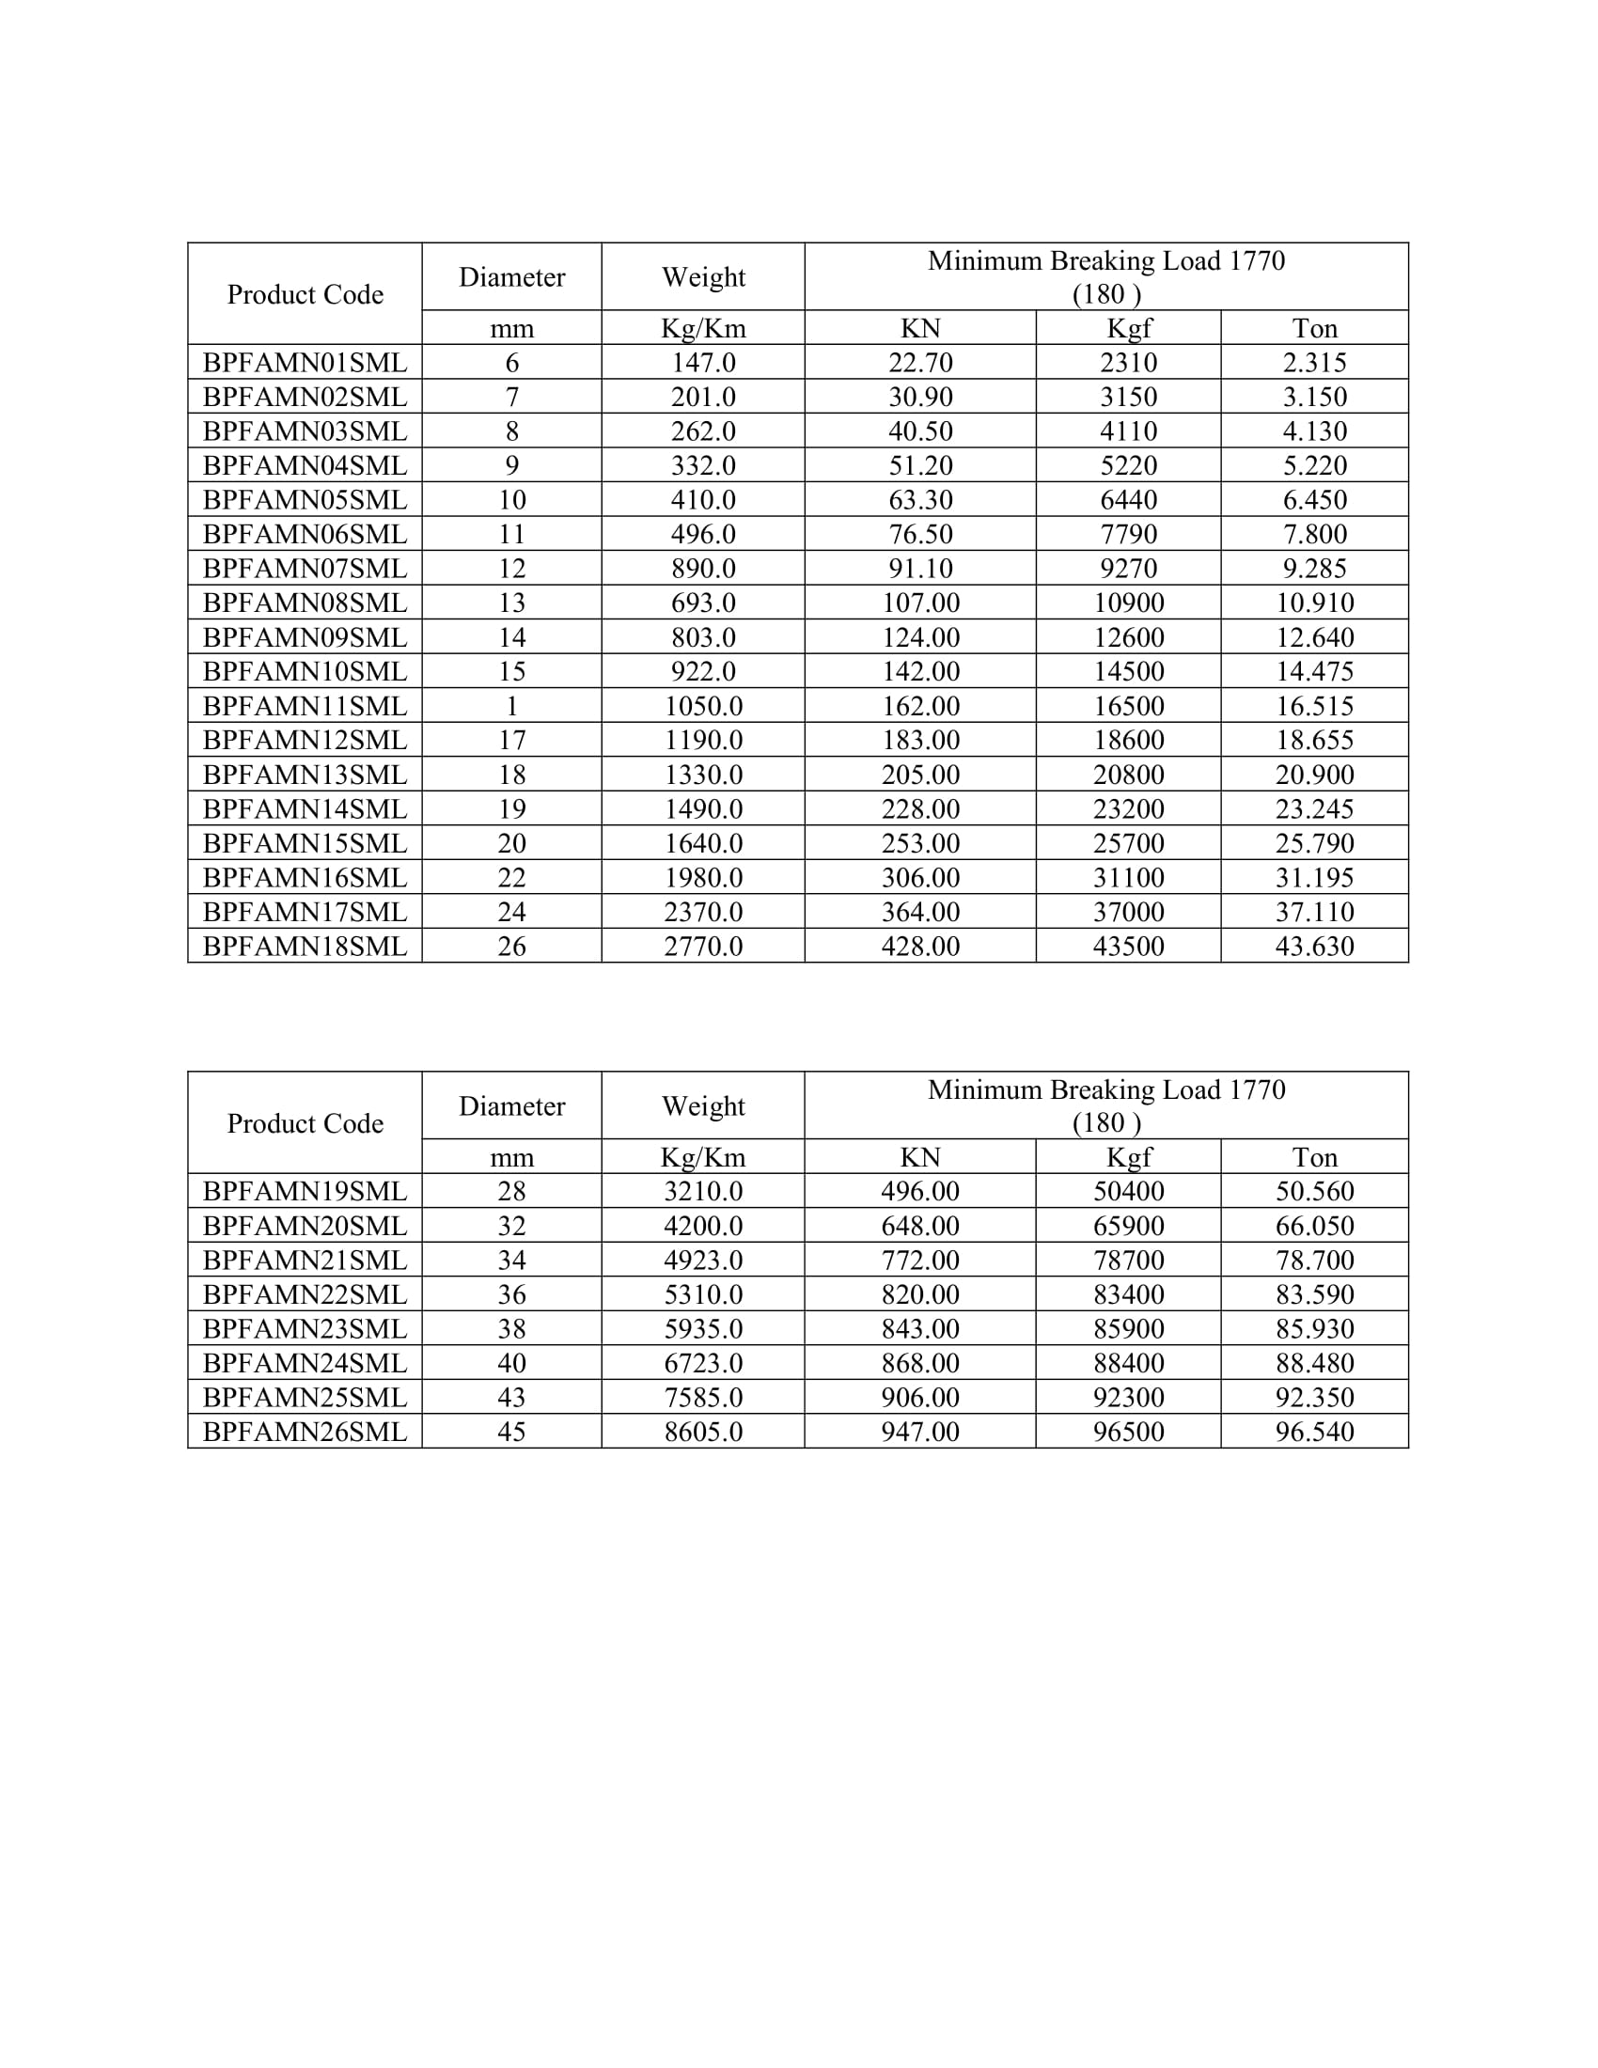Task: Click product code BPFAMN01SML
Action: pos(304,363)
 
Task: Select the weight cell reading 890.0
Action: pos(702,568)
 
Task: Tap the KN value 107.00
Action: pos(920,603)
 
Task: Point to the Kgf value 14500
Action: pos(1128,671)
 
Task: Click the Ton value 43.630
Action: pos(1314,946)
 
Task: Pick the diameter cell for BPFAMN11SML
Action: pos(511,706)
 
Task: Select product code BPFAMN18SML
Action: pos(304,946)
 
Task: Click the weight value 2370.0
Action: pos(702,912)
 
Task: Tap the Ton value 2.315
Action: pos(1314,363)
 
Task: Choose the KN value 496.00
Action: pos(920,1191)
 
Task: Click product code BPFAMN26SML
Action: pos(304,1432)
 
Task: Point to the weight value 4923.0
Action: pos(702,1261)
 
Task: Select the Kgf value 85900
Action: pos(1128,1328)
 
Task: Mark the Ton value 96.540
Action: pos(1314,1432)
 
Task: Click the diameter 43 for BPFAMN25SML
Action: pos(511,1398)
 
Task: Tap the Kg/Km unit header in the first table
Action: pos(702,329)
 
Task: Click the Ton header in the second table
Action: pos(1314,1157)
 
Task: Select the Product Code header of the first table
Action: pos(304,294)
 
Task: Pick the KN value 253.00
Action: pos(920,844)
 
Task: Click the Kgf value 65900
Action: pos(1128,1226)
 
